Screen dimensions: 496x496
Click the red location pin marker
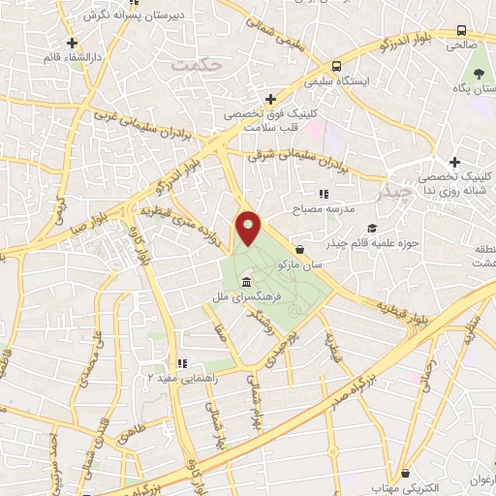(250, 227)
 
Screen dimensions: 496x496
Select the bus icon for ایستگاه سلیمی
(336, 66)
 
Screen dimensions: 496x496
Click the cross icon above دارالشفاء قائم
(72, 43)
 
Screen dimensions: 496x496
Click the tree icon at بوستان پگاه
(476, 73)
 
